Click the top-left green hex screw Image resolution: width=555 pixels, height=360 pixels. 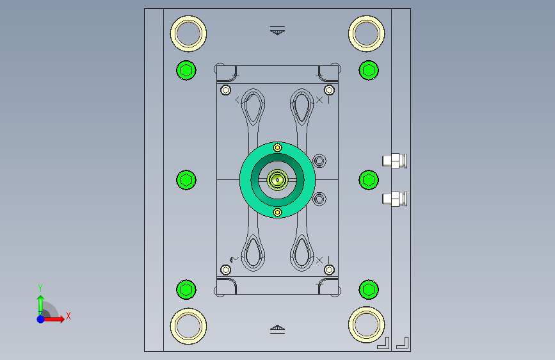click(186, 70)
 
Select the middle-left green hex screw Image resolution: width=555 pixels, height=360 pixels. click(186, 180)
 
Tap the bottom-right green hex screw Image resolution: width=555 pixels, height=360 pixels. click(369, 290)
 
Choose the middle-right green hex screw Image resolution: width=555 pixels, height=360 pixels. click(369, 180)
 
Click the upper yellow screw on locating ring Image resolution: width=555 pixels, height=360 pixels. click(278, 147)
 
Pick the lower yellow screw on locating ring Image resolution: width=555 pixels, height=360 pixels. click(278, 212)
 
